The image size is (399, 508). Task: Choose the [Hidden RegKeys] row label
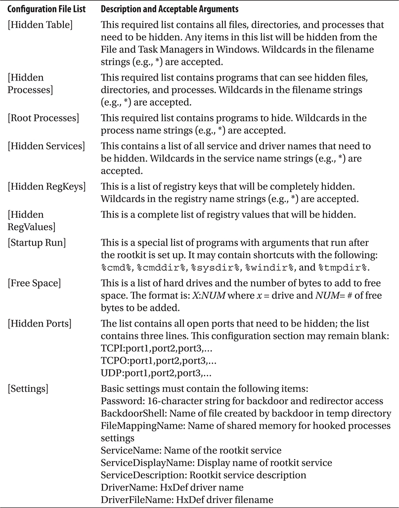[x=46, y=186]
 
